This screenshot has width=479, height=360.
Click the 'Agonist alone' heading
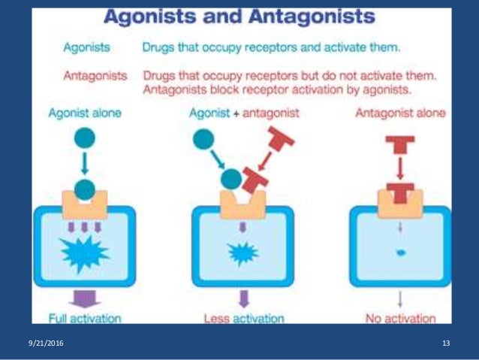pos(84,114)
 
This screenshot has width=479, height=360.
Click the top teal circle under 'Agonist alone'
pos(85,138)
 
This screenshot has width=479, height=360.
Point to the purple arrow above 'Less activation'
pos(242,298)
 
